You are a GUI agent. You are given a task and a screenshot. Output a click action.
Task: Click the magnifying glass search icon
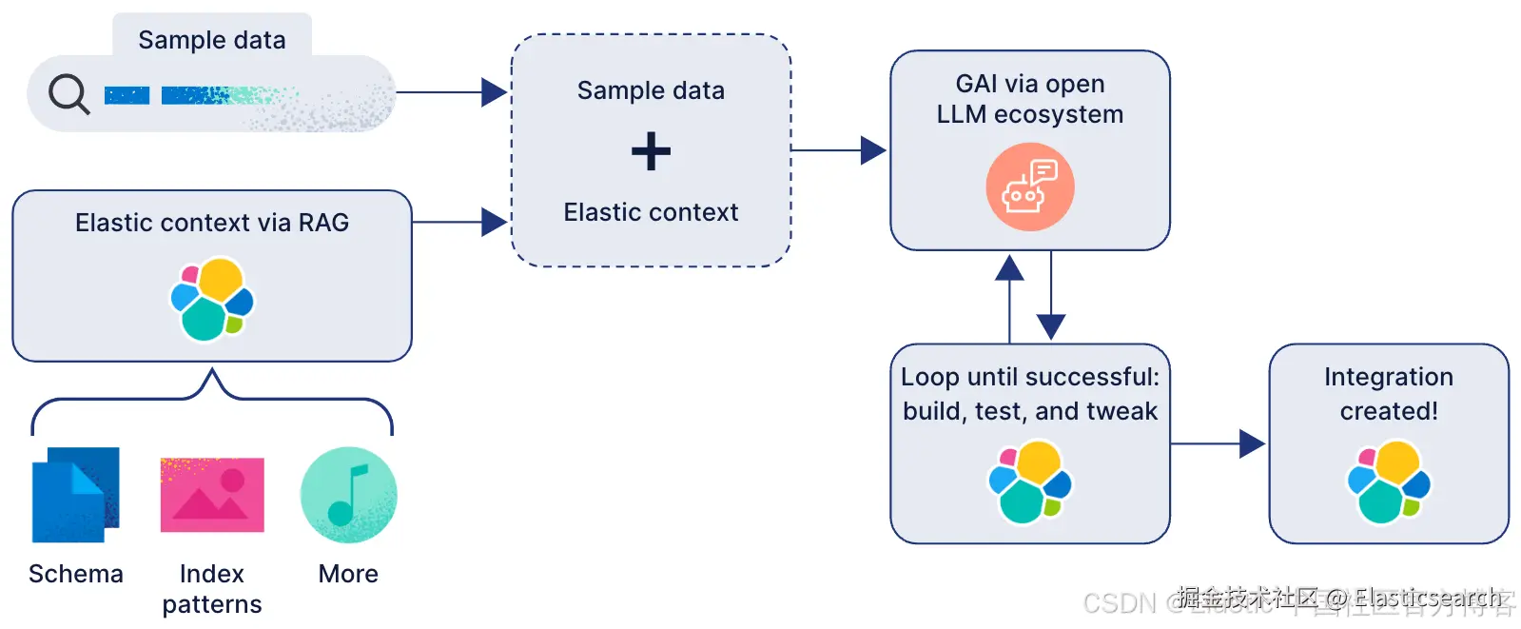pos(68,94)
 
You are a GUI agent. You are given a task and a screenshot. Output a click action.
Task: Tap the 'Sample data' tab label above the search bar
pos(211,40)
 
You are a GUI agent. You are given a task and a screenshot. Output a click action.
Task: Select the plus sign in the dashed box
pos(651,151)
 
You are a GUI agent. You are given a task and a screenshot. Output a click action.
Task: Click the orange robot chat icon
pos(1029,187)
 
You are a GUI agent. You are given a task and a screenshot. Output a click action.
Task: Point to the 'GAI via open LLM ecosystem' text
pos(1029,99)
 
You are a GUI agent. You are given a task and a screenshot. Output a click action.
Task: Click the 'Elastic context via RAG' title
pos(211,223)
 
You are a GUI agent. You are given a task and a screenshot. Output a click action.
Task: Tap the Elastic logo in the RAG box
pos(212,299)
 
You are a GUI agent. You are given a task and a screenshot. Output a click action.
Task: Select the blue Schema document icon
pos(75,495)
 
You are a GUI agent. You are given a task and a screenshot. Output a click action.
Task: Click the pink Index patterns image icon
pos(212,495)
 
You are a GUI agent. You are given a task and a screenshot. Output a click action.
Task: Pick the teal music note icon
pos(348,495)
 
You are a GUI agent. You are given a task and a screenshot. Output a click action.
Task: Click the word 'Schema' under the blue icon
pos(76,574)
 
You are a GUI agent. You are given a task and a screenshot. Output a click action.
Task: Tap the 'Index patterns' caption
pos(212,589)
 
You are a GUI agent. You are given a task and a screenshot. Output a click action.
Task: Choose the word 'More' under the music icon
pos(348,574)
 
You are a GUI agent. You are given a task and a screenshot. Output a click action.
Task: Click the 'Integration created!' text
pos(1389,394)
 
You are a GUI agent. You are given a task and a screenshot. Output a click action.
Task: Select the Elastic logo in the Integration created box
pos(1389,482)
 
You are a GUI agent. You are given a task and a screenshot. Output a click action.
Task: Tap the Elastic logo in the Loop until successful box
pos(1029,482)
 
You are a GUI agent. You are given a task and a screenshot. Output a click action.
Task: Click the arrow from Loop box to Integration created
pos(1218,443)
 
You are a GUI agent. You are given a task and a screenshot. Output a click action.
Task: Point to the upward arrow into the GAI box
pos(1009,295)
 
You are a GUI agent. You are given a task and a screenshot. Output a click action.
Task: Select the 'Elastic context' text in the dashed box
pos(651,212)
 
